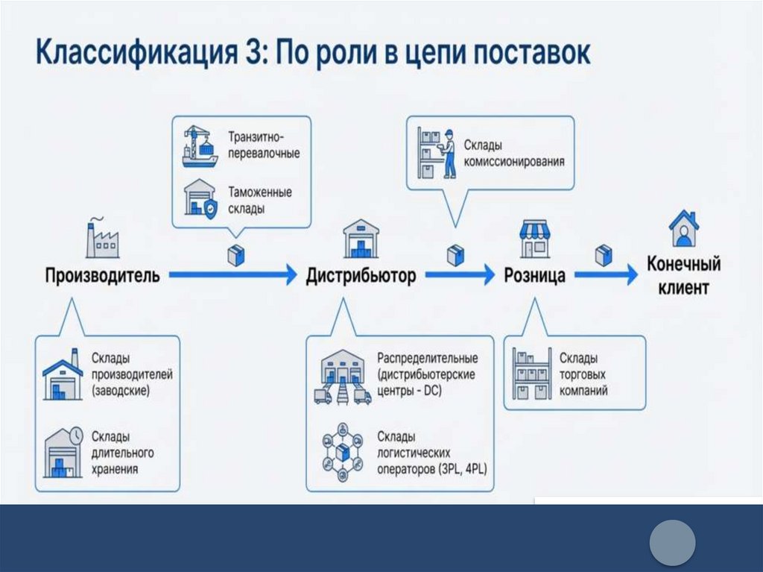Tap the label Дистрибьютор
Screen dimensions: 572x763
pyautogui.click(x=361, y=276)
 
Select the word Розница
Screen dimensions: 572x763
pyautogui.click(x=534, y=276)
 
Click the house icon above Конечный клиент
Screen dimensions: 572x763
pyautogui.click(x=683, y=228)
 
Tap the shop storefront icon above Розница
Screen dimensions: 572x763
pyautogui.click(x=534, y=239)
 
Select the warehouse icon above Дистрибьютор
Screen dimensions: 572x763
pyautogui.click(x=361, y=239)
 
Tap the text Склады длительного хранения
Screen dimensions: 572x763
pyautogui.click(x=124, y=452)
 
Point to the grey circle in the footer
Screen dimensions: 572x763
pyautogui.click(x=671, y=542)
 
